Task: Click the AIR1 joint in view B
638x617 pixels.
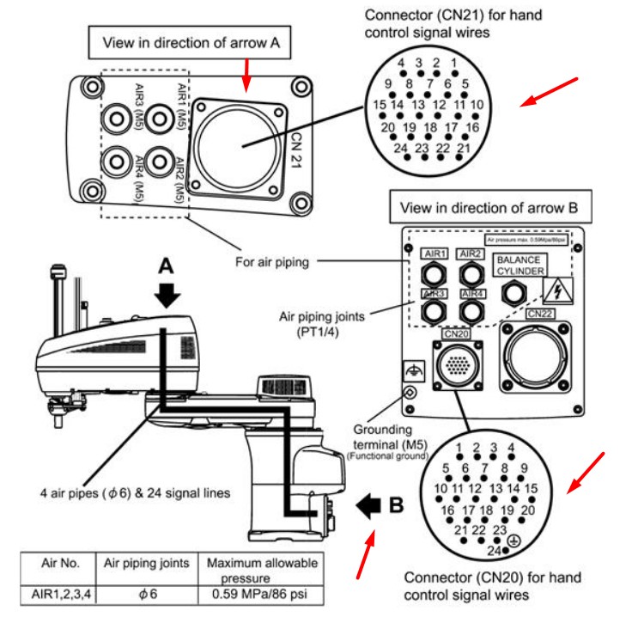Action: click(x=434, y=273)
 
